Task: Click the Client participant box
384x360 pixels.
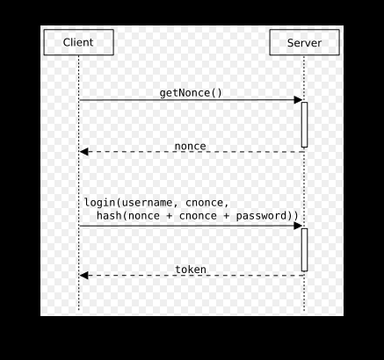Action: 79,42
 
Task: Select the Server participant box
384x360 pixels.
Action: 305,42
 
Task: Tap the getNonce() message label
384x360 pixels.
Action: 191,93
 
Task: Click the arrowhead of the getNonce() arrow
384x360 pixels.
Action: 298,100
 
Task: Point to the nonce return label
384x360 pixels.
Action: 191,146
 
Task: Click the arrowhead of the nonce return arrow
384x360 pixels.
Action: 83,152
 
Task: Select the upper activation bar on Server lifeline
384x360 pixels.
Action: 304,125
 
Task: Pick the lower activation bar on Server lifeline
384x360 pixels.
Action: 304,250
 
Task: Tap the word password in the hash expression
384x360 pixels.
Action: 261,216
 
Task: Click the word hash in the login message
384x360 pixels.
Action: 109,216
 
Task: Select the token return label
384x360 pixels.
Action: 191,270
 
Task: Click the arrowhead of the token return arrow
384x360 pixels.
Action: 83,276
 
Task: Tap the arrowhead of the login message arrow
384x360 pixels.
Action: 298,226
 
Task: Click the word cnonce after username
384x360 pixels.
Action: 205,203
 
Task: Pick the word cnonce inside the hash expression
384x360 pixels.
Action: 198,216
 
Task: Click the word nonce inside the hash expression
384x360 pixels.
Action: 144,216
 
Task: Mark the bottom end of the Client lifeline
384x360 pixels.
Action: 79,310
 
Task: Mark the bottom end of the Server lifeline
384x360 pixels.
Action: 304,311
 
